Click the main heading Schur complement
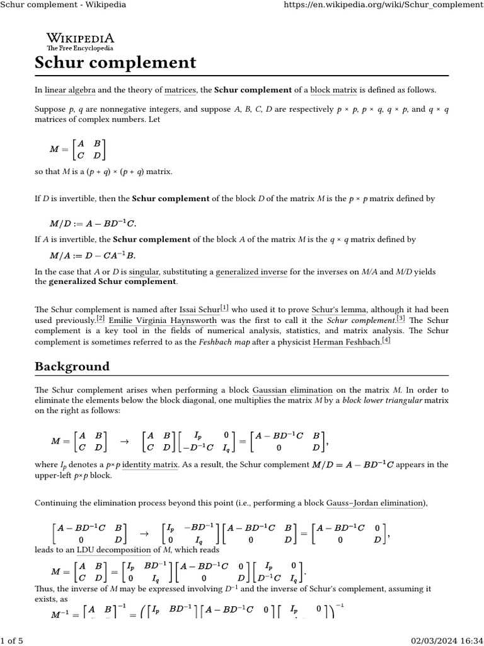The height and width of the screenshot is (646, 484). coord(115,63)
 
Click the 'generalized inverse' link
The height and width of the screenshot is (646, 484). coord(251,272)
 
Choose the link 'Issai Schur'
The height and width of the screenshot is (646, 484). coord(200,309)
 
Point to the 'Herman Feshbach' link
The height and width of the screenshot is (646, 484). coord(347,341)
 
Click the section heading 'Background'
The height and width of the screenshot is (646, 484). coord(72,367)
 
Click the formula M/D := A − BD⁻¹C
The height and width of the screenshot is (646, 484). coord(93,223)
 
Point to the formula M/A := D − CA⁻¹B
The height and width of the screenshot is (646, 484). coord(93,255)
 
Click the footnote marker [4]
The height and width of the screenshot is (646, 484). coord(386,341)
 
